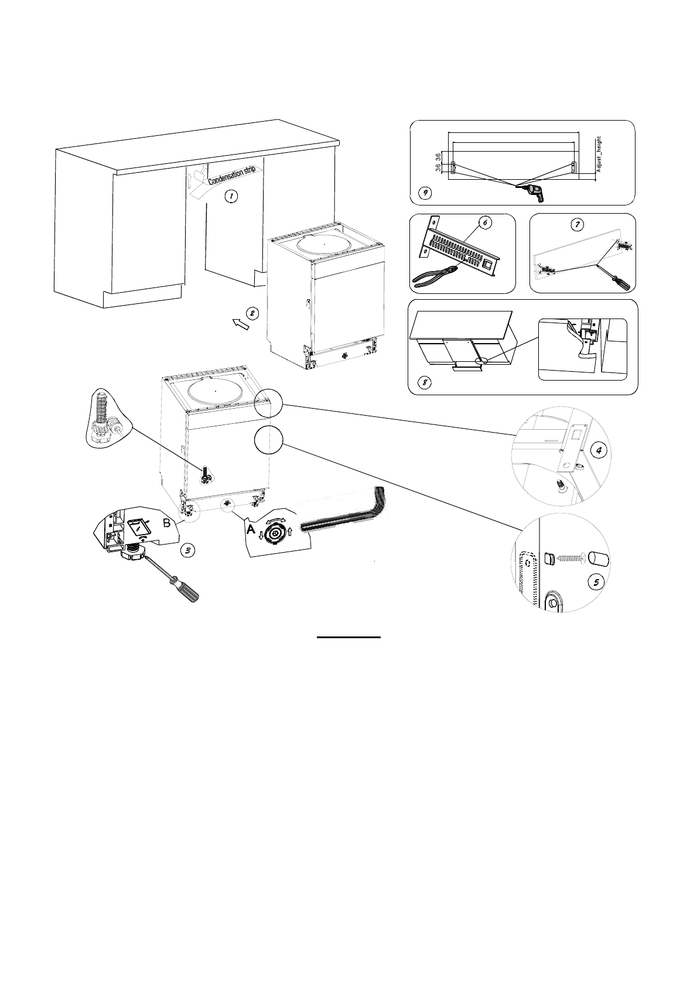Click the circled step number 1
click(x=232, y=196)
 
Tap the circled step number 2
click(x=252, y=313)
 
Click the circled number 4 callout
click(x=597, y=450)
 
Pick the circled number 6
click(x=483, y=222)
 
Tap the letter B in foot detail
click(x=166, y=524)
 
